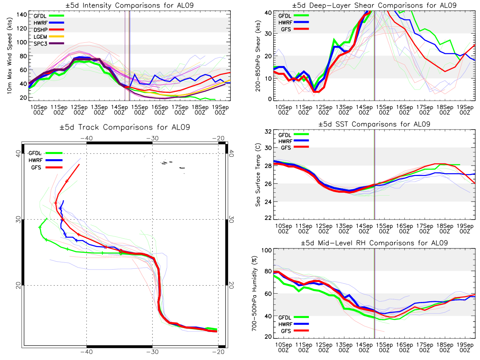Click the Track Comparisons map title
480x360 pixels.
124,128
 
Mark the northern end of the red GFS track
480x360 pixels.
79,164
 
